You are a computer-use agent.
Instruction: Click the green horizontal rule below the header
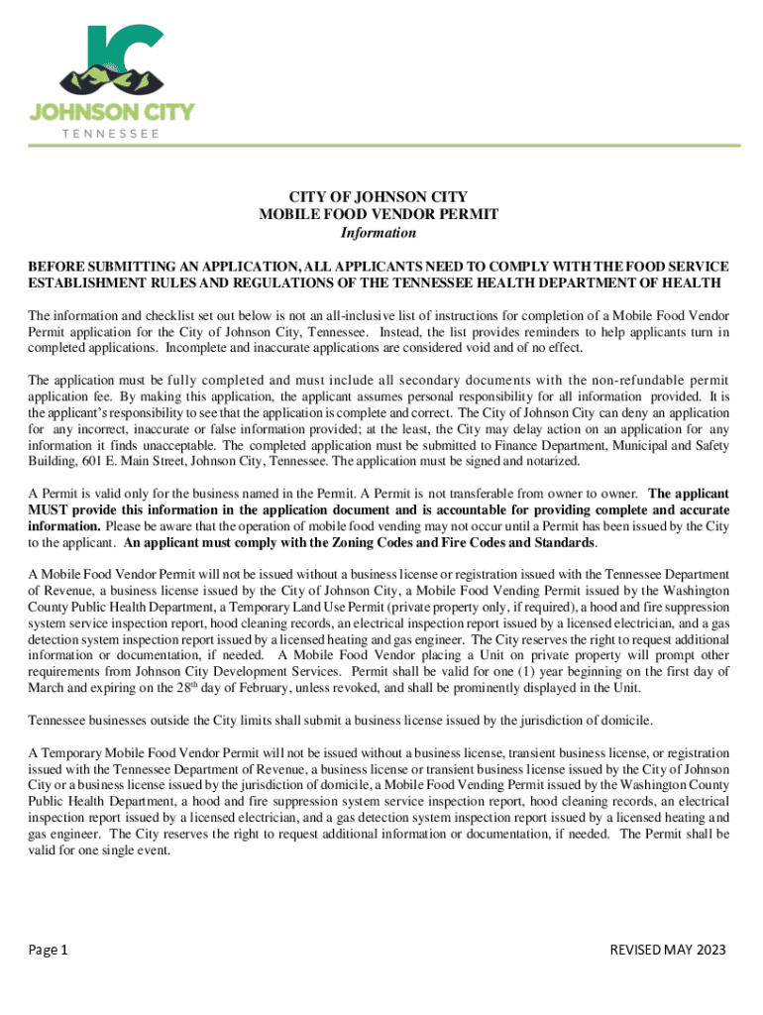coord(381,146)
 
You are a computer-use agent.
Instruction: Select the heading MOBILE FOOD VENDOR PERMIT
coord(379,214)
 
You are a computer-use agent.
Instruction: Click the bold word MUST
coord(49,508)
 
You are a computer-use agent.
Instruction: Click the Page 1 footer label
coord(48,951)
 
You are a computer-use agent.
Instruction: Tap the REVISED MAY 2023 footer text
coord(668,951)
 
